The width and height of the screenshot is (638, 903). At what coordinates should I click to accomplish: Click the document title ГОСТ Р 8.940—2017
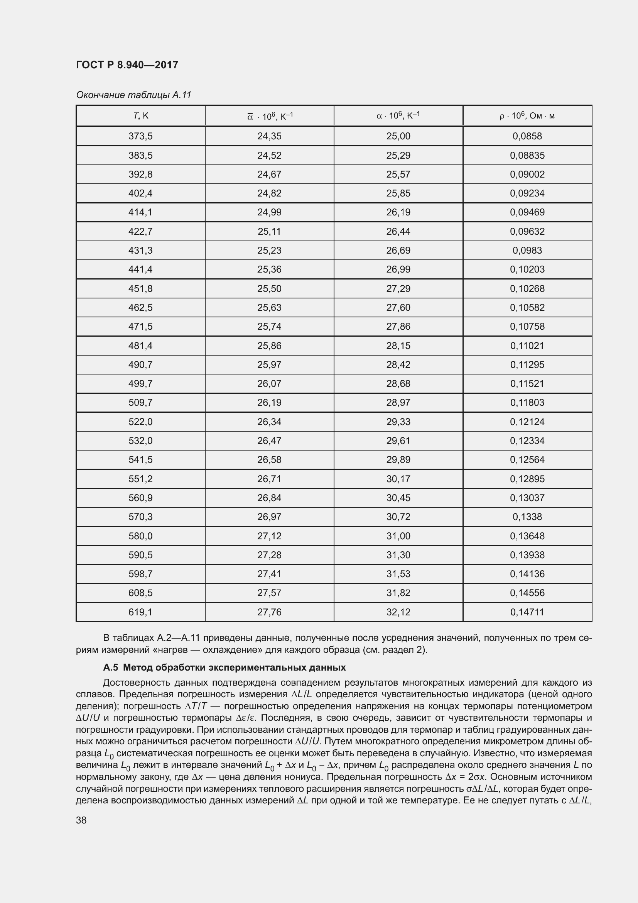(127, 65)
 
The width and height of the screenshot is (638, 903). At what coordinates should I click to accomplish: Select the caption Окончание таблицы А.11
(133, 95)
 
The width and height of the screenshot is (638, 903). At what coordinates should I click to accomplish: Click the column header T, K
(140, 116)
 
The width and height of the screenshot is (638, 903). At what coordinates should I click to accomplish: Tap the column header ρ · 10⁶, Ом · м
(527, 116)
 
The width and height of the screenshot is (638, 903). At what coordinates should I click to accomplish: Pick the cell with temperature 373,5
(140, 136)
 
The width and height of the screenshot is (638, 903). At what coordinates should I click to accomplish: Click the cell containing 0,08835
(527, 155)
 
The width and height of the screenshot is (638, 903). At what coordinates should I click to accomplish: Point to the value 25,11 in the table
(269, 231)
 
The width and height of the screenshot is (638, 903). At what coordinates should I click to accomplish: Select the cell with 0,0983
(527, 250)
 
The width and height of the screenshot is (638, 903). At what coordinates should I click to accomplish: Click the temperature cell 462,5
(140, 307)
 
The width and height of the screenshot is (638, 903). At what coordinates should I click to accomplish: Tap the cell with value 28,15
(398, 346)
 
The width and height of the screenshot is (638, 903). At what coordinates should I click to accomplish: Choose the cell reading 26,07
(269, 383)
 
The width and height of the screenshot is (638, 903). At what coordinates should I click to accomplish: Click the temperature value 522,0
(140, 422)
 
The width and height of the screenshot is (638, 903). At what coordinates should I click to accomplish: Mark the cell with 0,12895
(527, 479)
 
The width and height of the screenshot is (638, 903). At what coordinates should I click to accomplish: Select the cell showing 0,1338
(527, 517)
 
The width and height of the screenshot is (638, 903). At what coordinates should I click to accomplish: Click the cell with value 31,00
(398, 536)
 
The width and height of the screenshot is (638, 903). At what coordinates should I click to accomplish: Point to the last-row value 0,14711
(527, 612)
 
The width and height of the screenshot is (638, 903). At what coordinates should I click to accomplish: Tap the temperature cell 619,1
(140, 612)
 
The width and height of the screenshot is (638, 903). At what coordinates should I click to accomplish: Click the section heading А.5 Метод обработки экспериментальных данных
(224, 668)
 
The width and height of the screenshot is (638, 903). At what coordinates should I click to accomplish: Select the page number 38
(81, 820)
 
